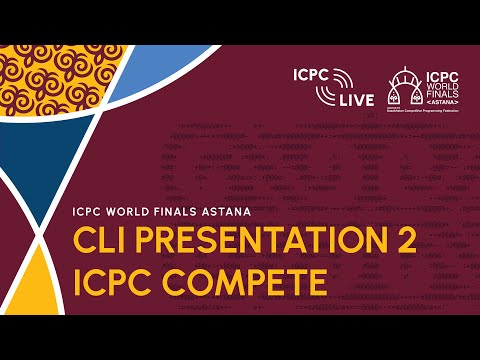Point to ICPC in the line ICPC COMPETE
[113, 282]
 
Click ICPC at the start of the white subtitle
[89, 212]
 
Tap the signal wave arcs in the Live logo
[342, 77]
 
